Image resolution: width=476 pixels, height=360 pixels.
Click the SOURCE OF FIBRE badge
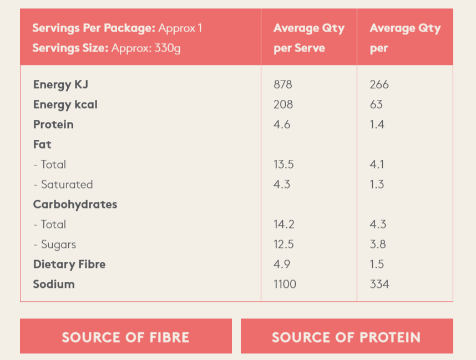[x=125, y=337]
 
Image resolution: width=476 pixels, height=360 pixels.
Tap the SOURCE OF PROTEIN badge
[x=346, y=337]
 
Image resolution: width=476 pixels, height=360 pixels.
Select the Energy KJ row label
[x=60, y=85]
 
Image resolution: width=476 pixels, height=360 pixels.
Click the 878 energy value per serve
[x=283, y=85]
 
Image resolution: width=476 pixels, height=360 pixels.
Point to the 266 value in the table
[x=379, y=85]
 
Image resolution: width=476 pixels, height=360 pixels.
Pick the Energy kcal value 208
[x=283, y=105]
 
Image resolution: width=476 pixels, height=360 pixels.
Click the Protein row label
[x=53, y=125]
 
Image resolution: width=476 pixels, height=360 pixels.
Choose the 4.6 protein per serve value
[x=282, y=125]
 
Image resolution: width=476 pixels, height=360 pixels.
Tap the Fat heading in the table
[x=42, y=145]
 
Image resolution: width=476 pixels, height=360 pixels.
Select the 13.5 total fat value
[x=283, y=165]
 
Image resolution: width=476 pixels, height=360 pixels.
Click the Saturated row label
[x=63, y=185]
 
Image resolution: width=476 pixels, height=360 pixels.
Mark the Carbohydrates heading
[x=75, y=205]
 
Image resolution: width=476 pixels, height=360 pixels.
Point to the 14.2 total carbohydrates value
[x=283, y=225]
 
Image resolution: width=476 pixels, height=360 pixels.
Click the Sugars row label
[x=55, y=245]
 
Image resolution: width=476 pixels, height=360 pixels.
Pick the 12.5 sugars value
[x=283, y=245]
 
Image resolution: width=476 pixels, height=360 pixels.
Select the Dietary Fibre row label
[x=69, y=265]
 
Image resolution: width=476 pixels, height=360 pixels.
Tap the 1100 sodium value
[x=285, y=285]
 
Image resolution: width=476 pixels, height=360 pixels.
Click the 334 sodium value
[x=379, y=285]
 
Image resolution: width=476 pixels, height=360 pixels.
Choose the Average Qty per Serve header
[x=308, y=38]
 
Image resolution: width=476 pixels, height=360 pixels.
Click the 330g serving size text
[x=168, y=48]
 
